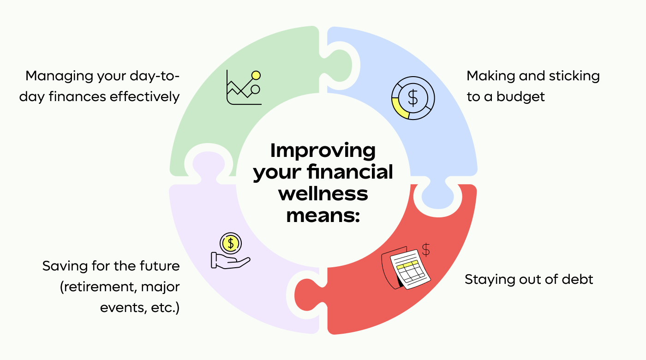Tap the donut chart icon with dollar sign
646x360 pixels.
click(x=413, y=98)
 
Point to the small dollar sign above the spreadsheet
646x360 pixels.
click(x=426, y=249)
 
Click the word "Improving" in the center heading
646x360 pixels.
click(x=323, y=151)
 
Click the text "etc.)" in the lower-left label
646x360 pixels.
click(x=165, y=308)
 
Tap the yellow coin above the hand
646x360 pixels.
click(x=230, y=242)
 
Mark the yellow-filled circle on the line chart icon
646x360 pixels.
click(x=256, y=75)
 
